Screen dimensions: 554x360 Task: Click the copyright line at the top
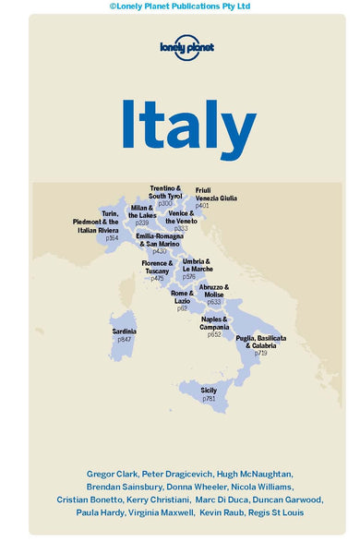coord(180,6)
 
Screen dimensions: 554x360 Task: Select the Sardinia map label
coord(125,331)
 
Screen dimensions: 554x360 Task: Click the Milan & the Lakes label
coord(141,212)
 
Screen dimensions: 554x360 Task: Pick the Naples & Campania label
coord(214,323)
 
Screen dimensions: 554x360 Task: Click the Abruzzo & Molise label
coord(214,291)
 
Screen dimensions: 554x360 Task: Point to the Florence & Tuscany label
coord(157,267)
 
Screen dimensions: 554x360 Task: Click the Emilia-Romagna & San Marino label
coord(160,239)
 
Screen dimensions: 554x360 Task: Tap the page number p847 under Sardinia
coord(125,340)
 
